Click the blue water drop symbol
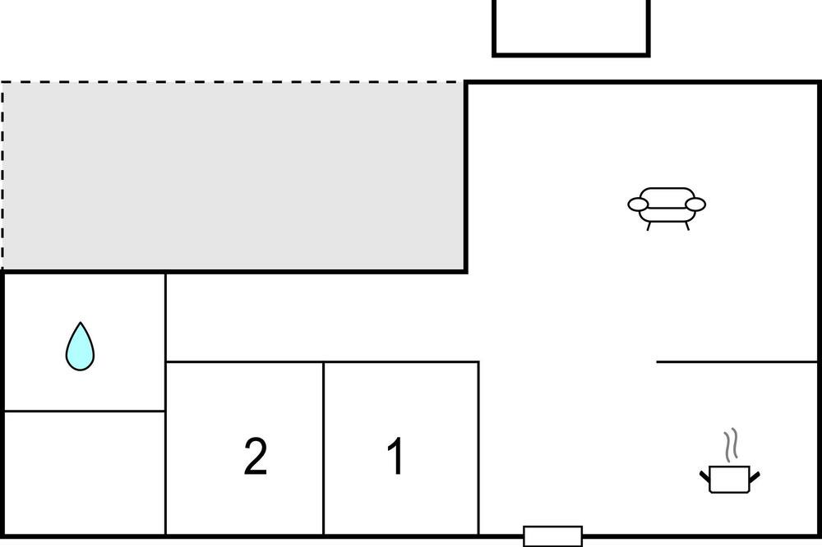click(x=80, y=348)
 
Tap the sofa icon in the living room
click(x=667, y=205)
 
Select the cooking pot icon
click(x=729, y=478)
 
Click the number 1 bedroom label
click(x=396, y=457)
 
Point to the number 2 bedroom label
click(x=256, y=457)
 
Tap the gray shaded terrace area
click(x=234, y=177)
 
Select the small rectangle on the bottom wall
click(x=552, y=536)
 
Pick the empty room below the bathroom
click(x=85, y=472)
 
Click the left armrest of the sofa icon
click(x=639, y=204)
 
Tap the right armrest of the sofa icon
click(x=695, y=204)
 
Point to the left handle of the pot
click(x=705, y=475)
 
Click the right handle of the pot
click(x=754, y=475)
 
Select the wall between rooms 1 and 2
click(x=324, y=448)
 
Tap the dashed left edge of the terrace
click(x=2, y=177)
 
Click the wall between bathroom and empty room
click(x=85, y=411)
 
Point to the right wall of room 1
click(x=478, y=448)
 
